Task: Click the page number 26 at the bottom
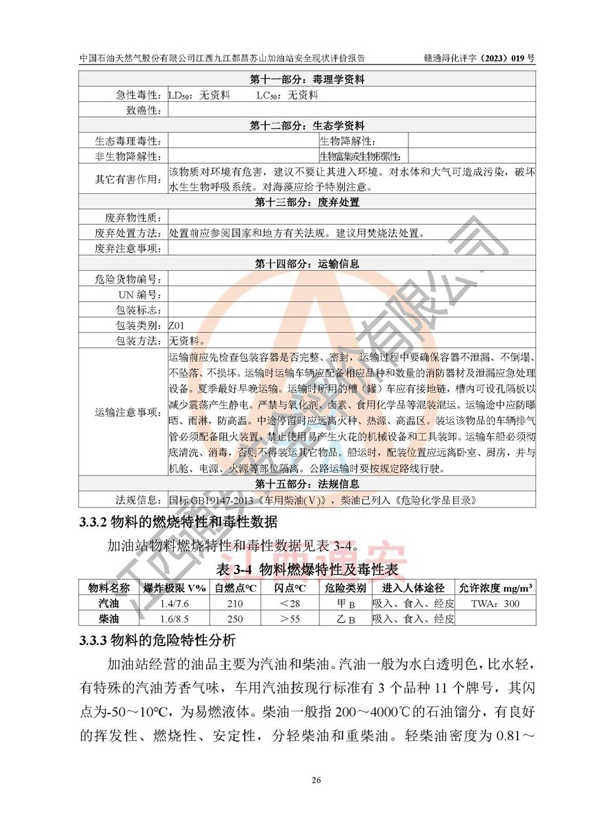(x=316, y=780)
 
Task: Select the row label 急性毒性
(x=136, y=95)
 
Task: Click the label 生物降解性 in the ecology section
(x=347, y=141)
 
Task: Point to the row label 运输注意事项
(x=128, y=412)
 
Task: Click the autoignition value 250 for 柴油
(x=235, y=619)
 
